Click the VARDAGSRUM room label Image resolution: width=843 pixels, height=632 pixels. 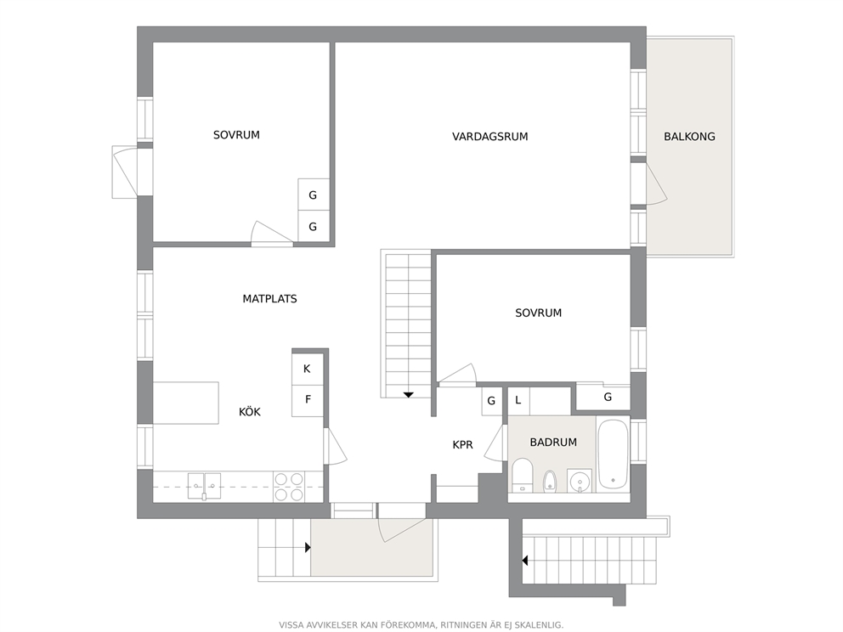(x=489, y=137)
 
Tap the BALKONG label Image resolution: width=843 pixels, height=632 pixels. (x=689, y=137)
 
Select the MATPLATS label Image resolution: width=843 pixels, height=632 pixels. (x=269, y=299)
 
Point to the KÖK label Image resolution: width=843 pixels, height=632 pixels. (x=250, y=412)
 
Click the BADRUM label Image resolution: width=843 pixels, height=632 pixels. (x=553, y=443)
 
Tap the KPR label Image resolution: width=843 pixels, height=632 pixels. (x=462, y=445)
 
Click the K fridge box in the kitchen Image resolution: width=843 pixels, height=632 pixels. (x=308, y=369)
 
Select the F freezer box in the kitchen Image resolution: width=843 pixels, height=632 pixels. (x=308, y=400)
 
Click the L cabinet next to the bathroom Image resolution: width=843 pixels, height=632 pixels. (x=519, y=400)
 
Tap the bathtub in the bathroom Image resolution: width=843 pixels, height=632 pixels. (x=613, y=454)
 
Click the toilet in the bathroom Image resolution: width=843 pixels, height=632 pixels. (x=522, y=475)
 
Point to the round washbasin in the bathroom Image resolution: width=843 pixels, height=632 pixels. (x=579, y=480)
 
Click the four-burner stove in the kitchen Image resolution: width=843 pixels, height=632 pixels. (x=289, y=487)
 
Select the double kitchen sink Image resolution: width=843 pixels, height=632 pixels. (x=204, y=486)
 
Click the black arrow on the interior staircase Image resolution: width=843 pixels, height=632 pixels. (x=409, y=395)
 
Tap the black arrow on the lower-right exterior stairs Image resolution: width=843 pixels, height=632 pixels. (x=524, y=561)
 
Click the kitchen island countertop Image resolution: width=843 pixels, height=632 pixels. (x=186, y=403)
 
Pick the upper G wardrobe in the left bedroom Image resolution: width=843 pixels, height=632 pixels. (x=314, y=195)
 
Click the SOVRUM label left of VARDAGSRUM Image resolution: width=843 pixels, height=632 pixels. (x=236, y=135)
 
